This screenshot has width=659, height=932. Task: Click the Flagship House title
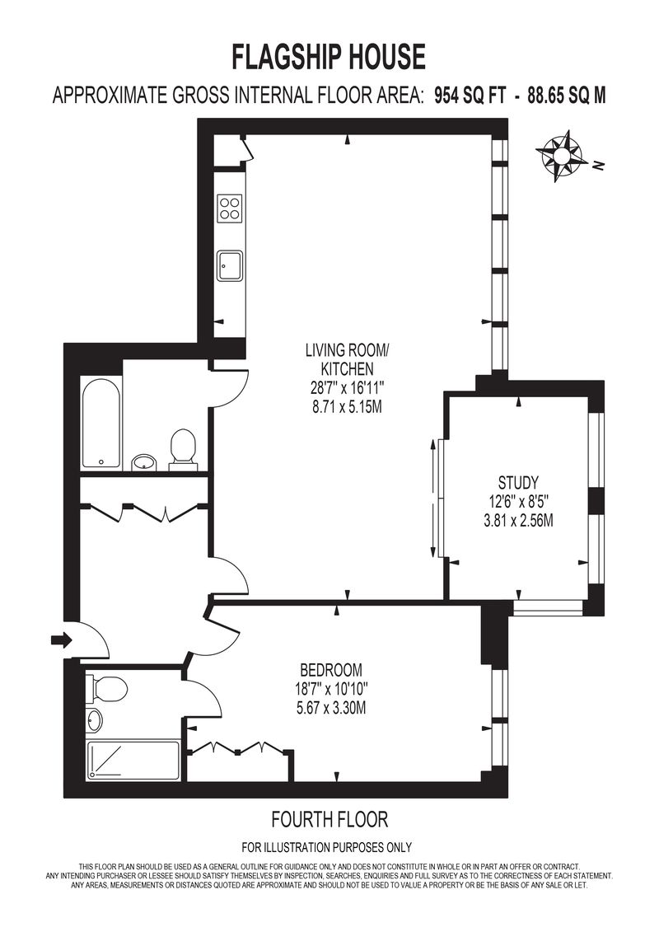click(328, 58)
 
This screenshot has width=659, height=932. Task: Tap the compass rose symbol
click(559, 156)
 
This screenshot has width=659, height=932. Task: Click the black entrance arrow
click(61, 640)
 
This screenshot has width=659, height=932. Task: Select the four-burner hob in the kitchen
click(230, 208)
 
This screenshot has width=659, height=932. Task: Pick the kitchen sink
click(230, 265)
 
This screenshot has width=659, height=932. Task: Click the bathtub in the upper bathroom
click(101, 424)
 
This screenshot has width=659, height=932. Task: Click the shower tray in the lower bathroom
click(133, 760)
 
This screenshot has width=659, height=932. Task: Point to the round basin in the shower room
click(94, 720)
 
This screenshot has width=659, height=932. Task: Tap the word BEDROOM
click(331, 671)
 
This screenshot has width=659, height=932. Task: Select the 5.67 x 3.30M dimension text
click(331, 709)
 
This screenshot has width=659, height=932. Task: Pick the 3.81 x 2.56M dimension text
click(518, 521)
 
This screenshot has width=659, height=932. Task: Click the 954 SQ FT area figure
click(470, 95)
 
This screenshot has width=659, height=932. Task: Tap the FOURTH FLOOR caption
click(329, 820)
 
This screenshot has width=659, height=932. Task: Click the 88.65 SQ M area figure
click(567, 95)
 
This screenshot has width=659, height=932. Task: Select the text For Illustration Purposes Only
click(327, 848)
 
